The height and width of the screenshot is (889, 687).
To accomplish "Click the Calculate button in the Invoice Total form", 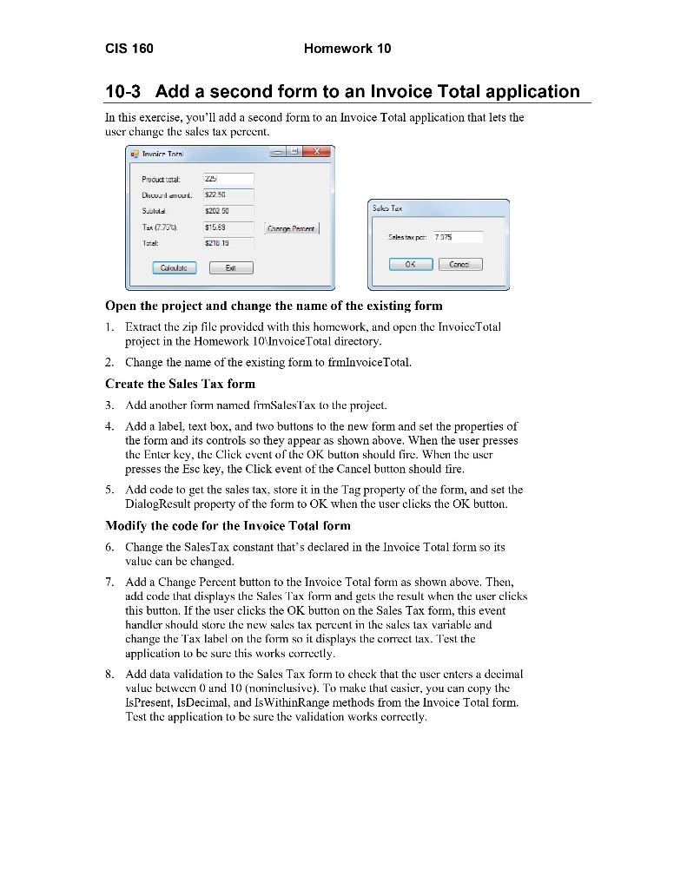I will click(x=175, y=268).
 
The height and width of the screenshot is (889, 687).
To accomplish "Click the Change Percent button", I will click(x=292, y=228).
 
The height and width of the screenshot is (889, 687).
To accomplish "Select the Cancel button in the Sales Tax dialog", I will click(x=459, y=264).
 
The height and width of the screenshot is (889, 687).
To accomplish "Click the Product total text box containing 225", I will click(x=228, y=179).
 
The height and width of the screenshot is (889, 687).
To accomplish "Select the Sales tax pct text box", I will click(x=457, y=236).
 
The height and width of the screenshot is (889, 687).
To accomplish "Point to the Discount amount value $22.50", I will click(x=228, y=194).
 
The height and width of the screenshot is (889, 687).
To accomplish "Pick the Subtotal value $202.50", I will click(x=228, y=211).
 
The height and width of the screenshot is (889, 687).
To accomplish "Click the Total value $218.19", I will click(x=228, y=243).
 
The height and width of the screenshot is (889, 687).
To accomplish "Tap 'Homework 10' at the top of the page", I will click(x=347, y=49).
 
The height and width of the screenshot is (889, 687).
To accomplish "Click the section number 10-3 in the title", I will click(x=126, y=92).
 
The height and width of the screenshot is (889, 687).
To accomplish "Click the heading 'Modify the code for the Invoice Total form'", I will click(x=228, y=525).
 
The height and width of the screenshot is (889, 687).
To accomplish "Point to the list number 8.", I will click(x=109, y=674).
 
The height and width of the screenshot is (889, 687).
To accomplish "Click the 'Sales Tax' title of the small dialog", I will click(x=387, y=208).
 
